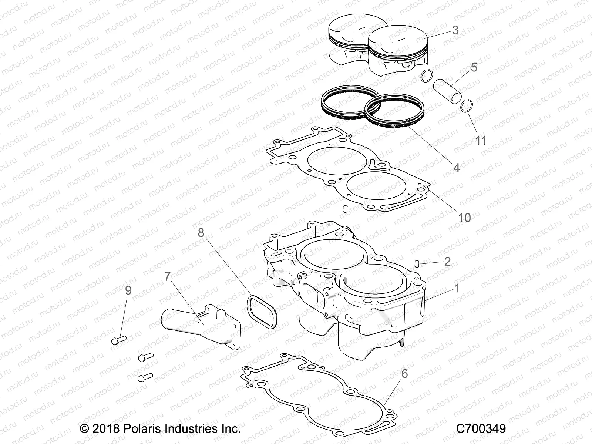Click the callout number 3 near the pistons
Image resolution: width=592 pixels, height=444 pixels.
[x=455, y=30]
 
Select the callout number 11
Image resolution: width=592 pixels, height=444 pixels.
[x=481, y=141]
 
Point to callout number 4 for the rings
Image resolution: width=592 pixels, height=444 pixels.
[x=457, y=168]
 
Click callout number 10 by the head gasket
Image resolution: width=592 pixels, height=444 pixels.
[x=464, y=218]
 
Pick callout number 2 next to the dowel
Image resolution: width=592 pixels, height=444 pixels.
[x=447, y=262]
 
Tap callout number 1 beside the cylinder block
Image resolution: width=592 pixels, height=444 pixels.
[x=457, y=288]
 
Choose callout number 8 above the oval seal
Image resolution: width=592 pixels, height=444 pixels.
[x=201, y=233]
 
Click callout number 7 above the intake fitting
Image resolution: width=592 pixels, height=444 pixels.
[x=167, y=276]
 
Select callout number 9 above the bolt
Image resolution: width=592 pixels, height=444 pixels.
[x=128, y=290]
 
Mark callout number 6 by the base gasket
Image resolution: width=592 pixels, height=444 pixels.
[x=404, y=374]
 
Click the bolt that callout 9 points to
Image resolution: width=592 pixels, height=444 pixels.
[x=118, y=339]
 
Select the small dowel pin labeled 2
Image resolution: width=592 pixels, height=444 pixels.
[x=416, y=263]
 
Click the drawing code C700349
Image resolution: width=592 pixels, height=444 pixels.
[x=481, y=429]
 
